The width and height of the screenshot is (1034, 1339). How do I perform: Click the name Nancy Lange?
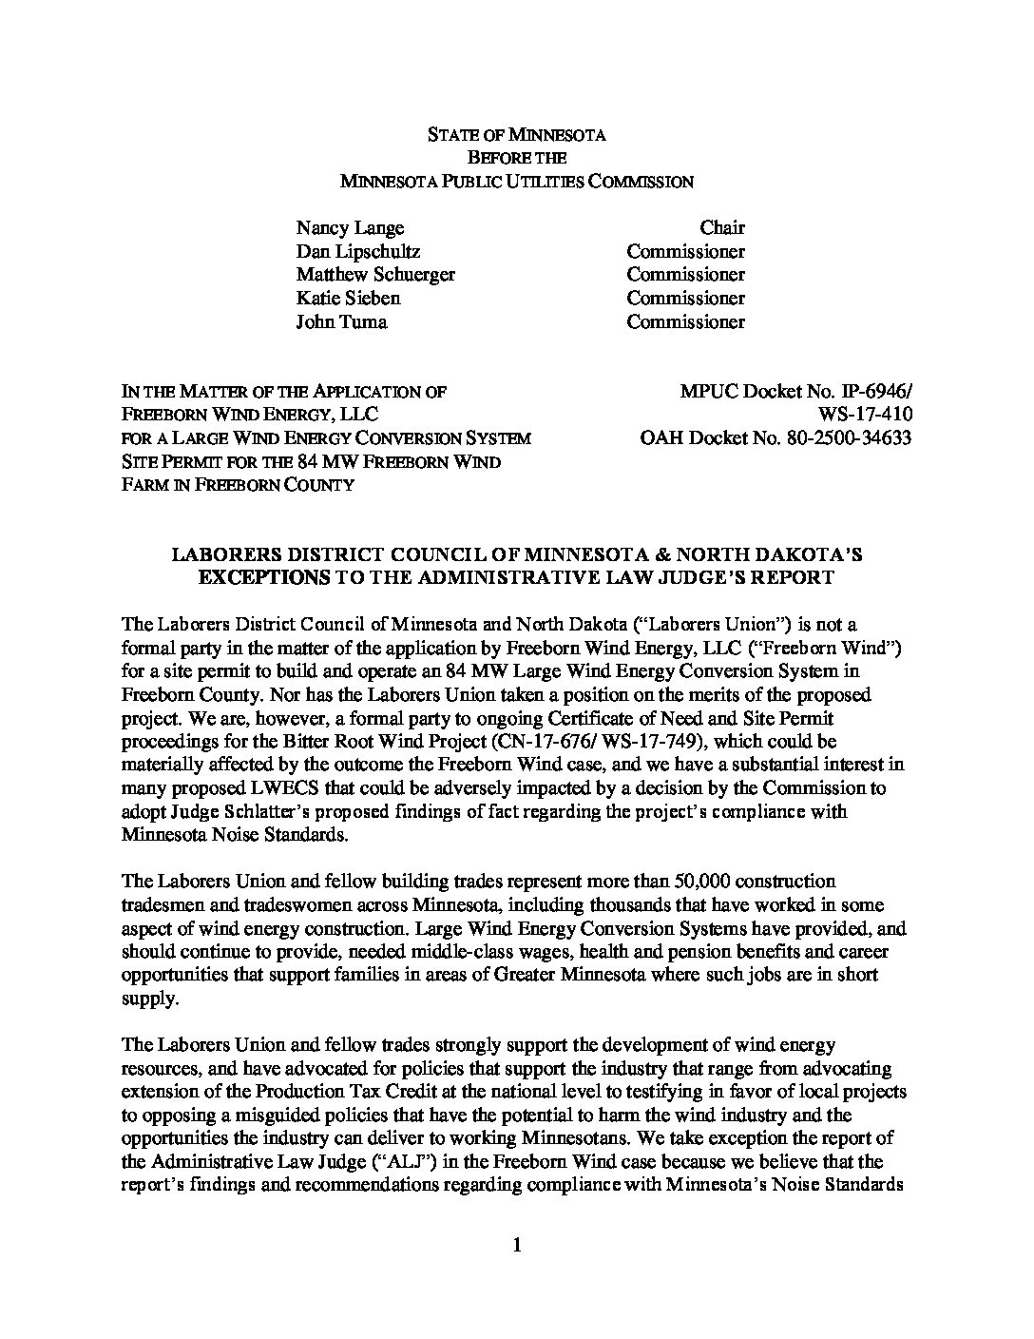tap(350, 228)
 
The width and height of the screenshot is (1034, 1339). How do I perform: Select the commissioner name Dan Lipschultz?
tap(358, 252)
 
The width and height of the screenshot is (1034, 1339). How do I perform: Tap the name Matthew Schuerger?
tap(375, 275)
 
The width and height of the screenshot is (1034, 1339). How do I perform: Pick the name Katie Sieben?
tap(348, 299)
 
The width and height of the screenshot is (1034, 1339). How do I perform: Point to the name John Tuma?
tap(341, 321)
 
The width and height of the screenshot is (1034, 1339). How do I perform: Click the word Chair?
tap(722, 228)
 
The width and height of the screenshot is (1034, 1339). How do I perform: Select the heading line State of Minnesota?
tap(516, 134)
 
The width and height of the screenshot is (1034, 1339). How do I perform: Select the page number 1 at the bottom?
tap(517, 1245)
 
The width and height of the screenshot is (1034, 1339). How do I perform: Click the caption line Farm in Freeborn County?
tap(238, 485)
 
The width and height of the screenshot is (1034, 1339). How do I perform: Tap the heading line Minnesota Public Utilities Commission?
tap(516, 182)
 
